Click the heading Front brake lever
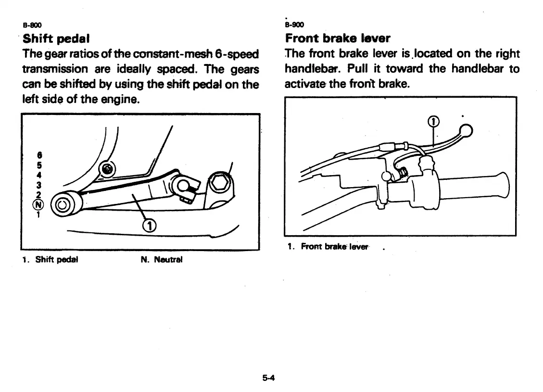[337, 38]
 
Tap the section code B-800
[31, 25]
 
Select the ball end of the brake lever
[466, 130]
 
